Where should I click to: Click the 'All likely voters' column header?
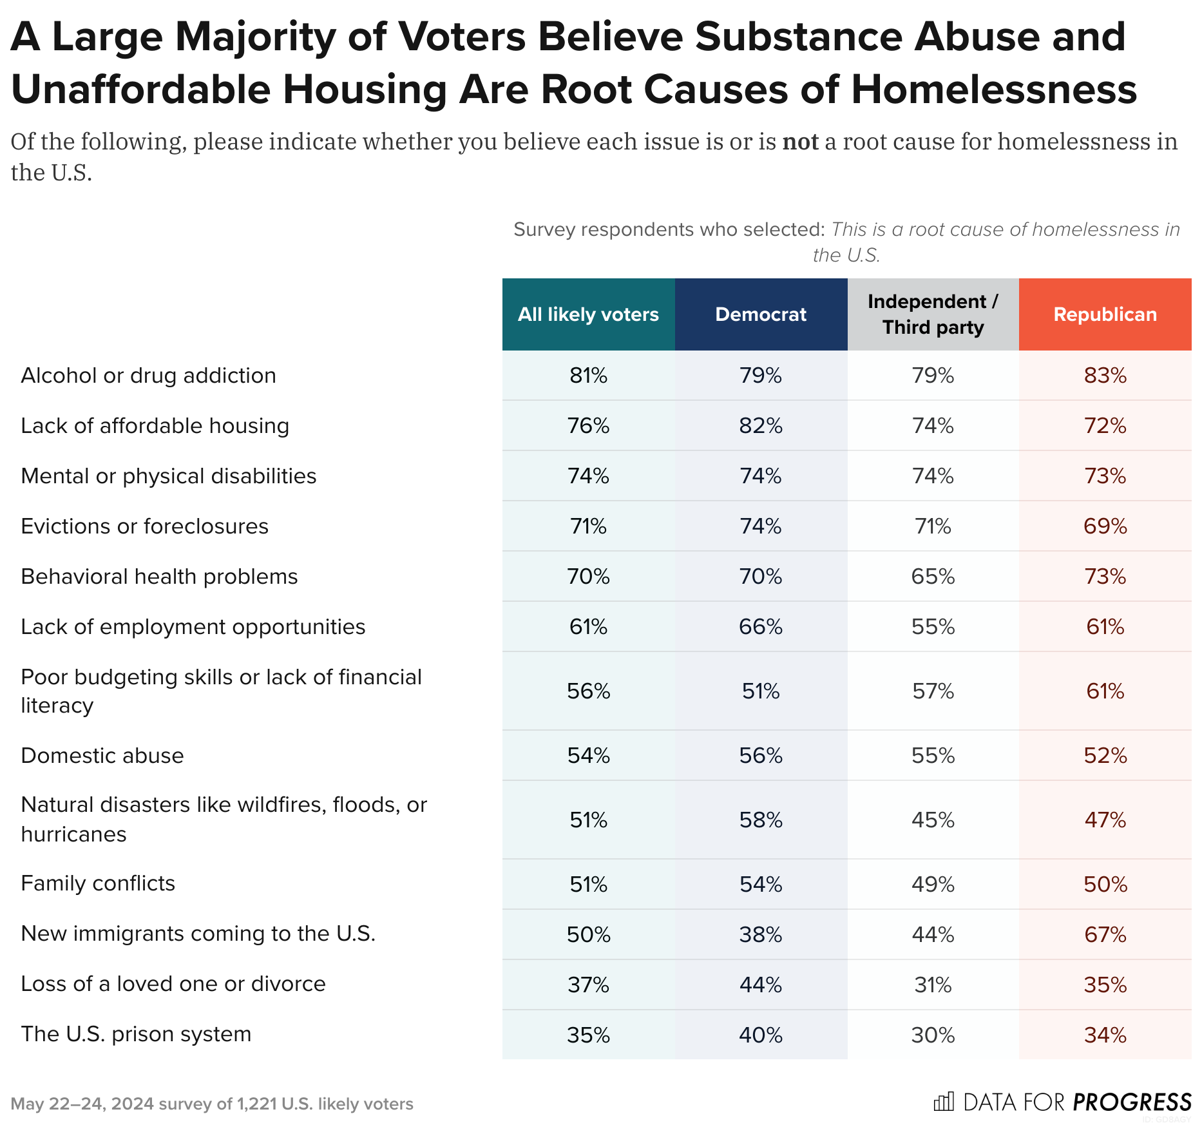(588, 314)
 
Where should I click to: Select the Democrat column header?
(761, 314)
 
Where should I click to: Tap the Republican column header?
(1105, 314)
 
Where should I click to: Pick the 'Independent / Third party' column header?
(933, 314)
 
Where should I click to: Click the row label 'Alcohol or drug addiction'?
(148, 376)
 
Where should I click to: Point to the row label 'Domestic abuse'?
(102, 755)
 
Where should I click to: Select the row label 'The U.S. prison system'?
(136, 1034)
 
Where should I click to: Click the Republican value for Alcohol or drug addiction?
(1105, 376)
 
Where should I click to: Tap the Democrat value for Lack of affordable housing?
(761, 426)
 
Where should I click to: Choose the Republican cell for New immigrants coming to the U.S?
(1105, 934)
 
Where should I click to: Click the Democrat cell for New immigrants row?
(761, 934)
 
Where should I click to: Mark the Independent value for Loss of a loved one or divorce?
(933, 985)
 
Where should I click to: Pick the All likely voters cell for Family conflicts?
(588, 884)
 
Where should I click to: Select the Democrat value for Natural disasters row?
(761, 820)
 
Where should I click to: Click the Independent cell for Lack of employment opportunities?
(933, 627)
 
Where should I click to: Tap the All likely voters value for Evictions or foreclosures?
(588, 526)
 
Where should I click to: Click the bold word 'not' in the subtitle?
(800, 142)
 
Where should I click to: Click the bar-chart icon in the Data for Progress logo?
(944, 1102)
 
